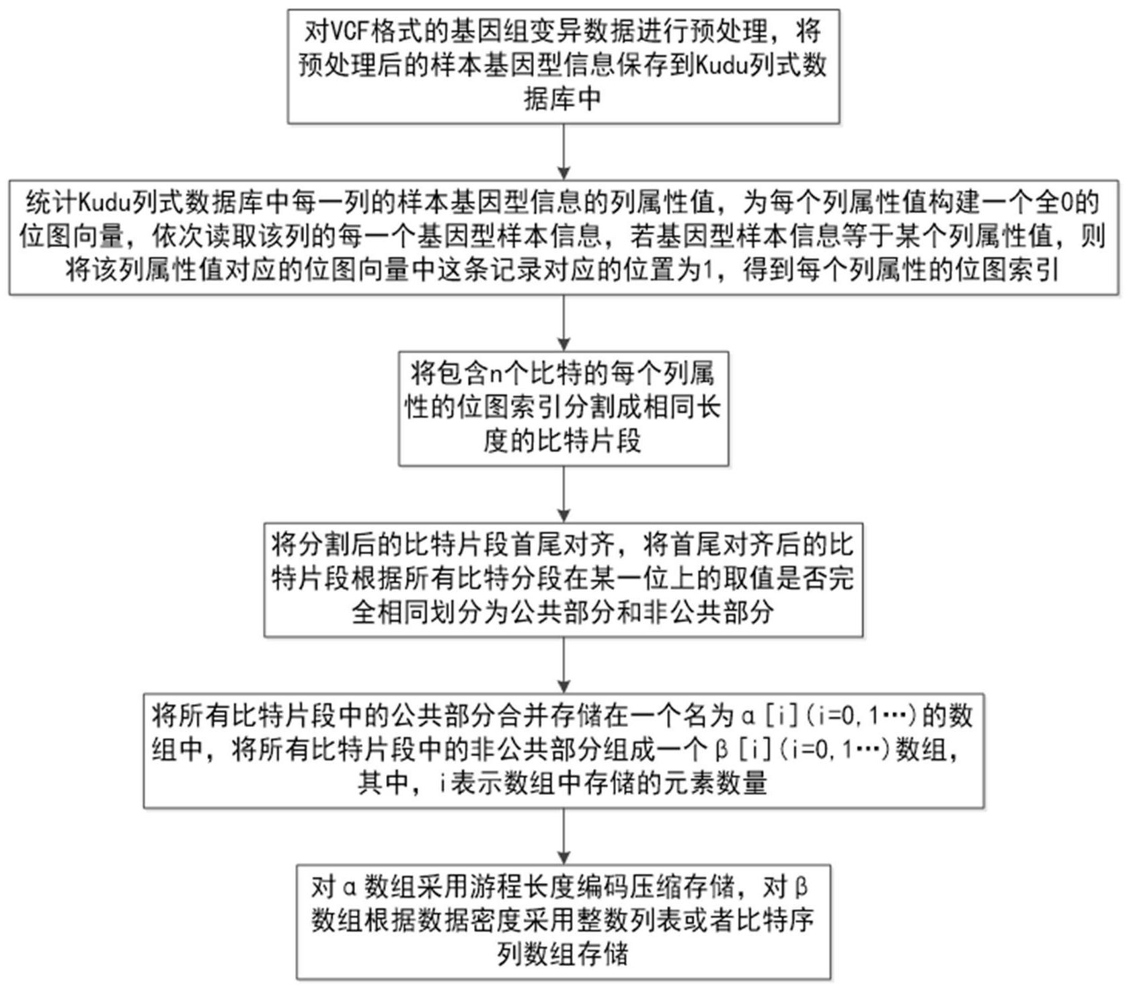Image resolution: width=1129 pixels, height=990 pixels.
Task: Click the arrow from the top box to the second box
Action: (x=564, y=151)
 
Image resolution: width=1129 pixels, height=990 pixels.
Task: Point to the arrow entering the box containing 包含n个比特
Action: (x=564, y=323)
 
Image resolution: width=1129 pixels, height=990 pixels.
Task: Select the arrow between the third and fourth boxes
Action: (x=564, y=495)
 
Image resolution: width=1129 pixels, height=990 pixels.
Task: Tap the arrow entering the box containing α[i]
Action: (x=564, y=666)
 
